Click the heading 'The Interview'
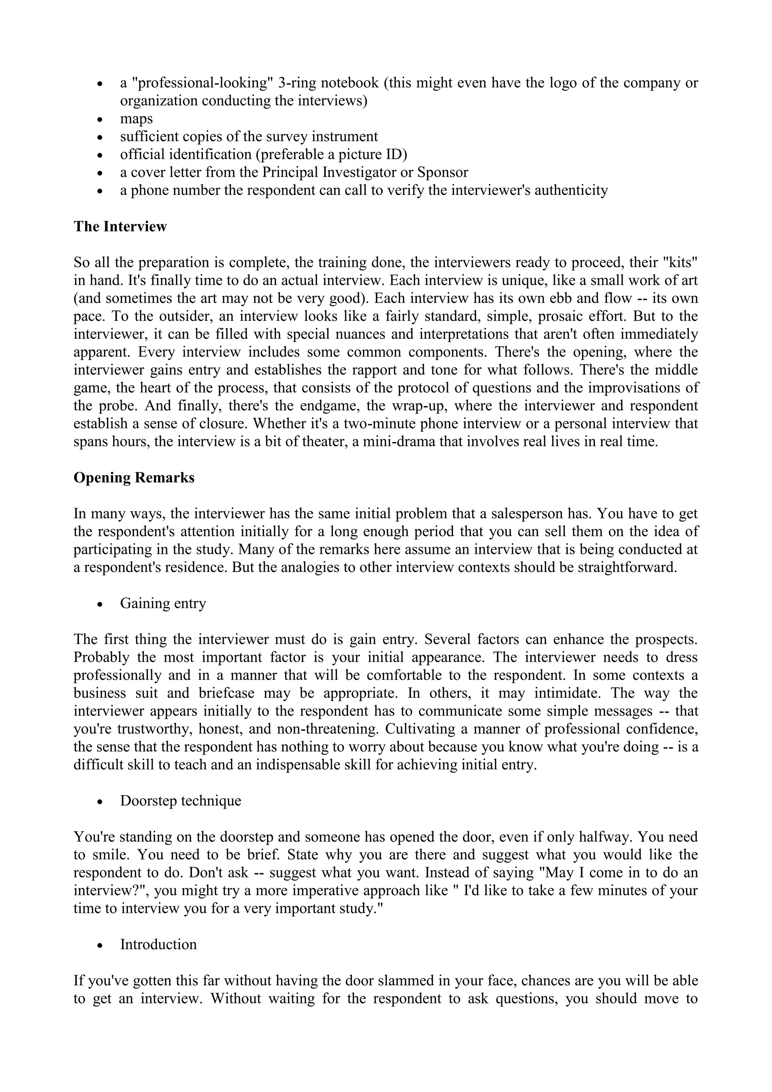120,226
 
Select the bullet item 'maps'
136,118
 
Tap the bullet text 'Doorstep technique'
180,801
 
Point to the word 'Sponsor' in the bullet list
442,172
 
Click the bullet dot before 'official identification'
100,155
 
